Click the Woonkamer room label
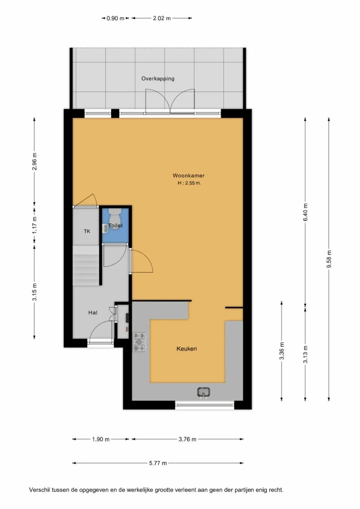[x=188, y=175]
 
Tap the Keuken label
[x=186, y=349]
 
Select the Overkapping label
[x=157, y=79]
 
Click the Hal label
[x=93, y=313]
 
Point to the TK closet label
[x=87, y=231]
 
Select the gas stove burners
[x=139, y=342]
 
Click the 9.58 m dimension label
[x=329, y=259]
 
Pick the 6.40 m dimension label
[x=305, y=212]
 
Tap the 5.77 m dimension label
[x=158, y=463]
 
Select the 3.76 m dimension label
[x=187, y=439]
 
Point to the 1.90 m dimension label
[x=100, y=439]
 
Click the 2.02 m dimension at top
[x=162, y=18]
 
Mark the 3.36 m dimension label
[x=282, y=351]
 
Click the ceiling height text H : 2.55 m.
[x=189, y=183]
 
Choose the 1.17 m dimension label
[x=34, y=225]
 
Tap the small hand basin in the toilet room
[x=105, y=228]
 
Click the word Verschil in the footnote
[x=39, y=490]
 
